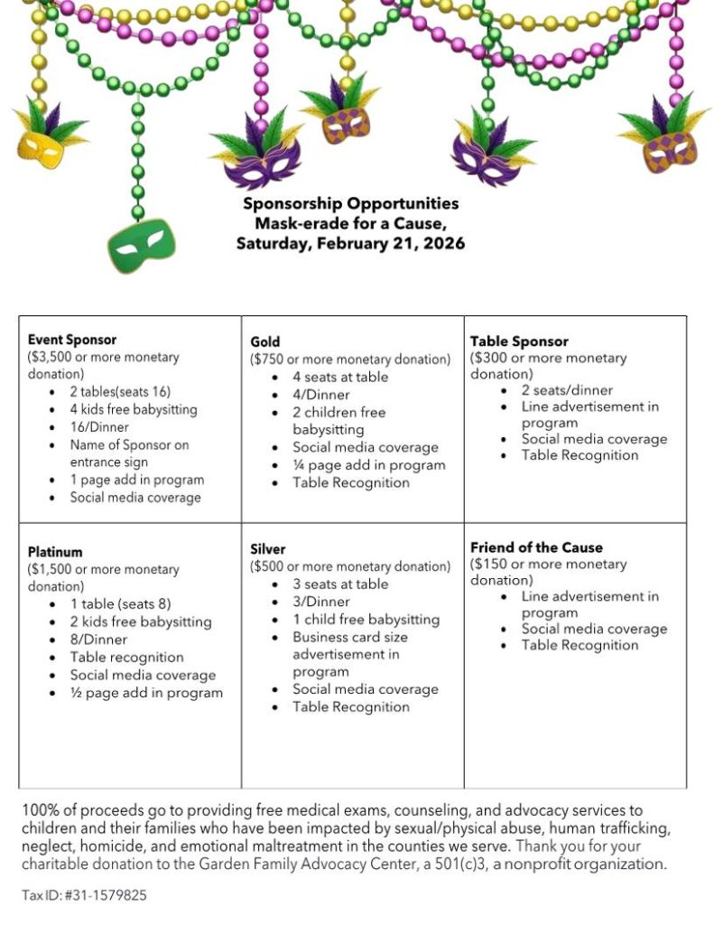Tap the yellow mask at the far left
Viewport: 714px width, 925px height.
point(42,141)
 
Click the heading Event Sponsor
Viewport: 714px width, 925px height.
point(72,340)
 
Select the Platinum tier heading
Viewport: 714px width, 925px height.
point(55,552)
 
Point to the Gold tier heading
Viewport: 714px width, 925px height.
point(265,341)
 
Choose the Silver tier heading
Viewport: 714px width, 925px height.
point(268,549)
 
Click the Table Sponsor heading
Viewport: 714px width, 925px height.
point(519,341)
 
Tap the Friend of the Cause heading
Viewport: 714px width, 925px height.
point(536,547)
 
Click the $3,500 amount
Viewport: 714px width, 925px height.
point(52,357)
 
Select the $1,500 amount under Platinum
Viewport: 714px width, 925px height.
point(52,569)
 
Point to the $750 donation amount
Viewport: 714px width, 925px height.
point(272,359)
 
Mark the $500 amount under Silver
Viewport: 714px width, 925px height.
point(272,566)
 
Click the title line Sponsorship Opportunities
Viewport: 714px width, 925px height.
point(350,204)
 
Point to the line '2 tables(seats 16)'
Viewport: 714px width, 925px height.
point(120,392)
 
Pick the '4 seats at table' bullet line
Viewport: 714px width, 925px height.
point(340,377)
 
